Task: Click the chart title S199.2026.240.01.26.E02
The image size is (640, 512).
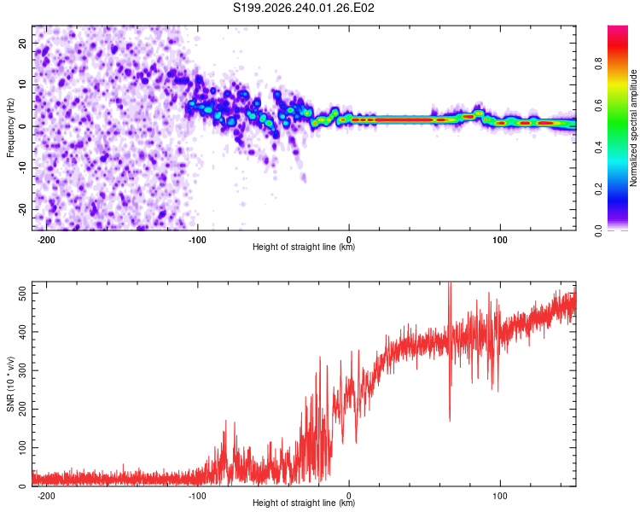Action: [303, 8]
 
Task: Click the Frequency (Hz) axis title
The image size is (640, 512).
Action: [10, 127]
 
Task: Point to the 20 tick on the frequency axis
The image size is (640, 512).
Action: [22, 43]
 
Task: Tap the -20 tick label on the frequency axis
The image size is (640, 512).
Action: [22, 210]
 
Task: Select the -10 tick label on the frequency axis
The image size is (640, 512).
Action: [22, 168]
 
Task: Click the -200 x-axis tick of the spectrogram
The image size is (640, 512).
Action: [46, 240]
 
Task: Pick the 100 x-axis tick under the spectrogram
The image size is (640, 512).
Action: [500, 240]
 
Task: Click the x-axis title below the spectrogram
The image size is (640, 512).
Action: [304, 247]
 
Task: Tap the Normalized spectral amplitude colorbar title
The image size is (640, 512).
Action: [633, 128]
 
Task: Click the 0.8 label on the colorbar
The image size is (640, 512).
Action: [598, 64]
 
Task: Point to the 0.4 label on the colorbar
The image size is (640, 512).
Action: [598, 147]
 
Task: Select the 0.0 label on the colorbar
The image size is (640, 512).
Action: [598, 230]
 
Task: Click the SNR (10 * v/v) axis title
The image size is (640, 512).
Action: [10, 384]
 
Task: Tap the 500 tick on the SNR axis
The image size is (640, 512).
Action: [22, 294]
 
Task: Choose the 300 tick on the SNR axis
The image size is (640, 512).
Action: [22, 370]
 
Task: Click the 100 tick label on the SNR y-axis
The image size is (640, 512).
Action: [22, 447]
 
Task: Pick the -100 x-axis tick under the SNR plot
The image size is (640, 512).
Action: [197, 496]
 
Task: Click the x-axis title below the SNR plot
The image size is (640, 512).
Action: [304, 503]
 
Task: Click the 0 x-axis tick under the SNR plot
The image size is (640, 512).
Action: [349, 496]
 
